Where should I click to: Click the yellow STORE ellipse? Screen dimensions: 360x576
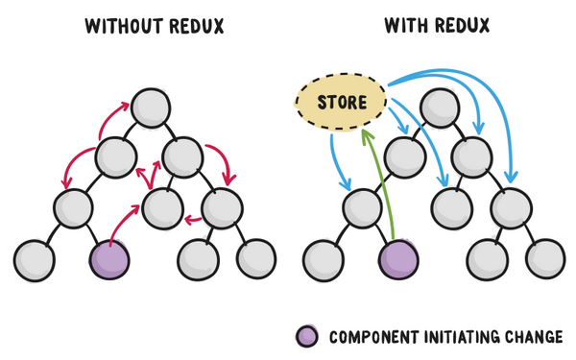342,101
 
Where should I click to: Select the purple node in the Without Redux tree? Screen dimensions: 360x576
108,257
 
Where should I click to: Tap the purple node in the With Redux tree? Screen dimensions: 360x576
398,257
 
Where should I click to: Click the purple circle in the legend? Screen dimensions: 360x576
307,336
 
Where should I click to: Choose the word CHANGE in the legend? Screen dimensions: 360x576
538,337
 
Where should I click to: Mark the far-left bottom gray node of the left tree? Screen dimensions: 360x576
35,257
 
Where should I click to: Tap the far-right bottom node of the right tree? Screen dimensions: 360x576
545,257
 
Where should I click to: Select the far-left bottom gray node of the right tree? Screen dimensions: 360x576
324,257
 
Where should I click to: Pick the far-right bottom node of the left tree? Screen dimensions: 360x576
255,257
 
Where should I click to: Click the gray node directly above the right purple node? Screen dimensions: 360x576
362,205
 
